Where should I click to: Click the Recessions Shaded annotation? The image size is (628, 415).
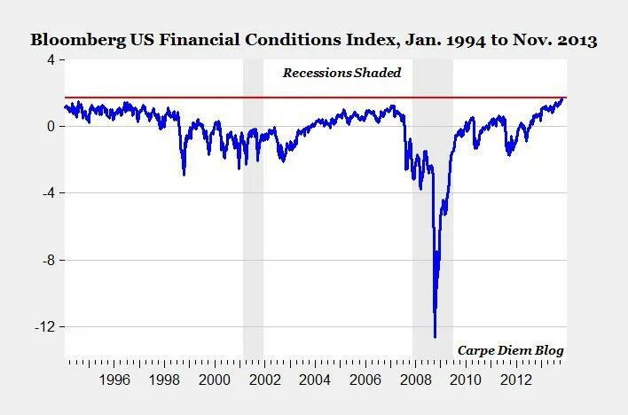coord(342,73)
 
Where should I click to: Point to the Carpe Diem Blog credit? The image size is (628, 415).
coord(511,350)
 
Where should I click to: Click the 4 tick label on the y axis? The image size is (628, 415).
coord(51,59)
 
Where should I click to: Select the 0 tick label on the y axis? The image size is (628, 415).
coord(51,126)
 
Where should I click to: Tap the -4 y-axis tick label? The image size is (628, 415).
coord(47,193)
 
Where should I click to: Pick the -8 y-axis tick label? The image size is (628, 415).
coord(47,260)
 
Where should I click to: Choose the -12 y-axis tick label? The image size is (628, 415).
coord(43,327)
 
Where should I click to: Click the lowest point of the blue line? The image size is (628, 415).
coord(435,337)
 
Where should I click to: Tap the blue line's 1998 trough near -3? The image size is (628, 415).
coord(184,174)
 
